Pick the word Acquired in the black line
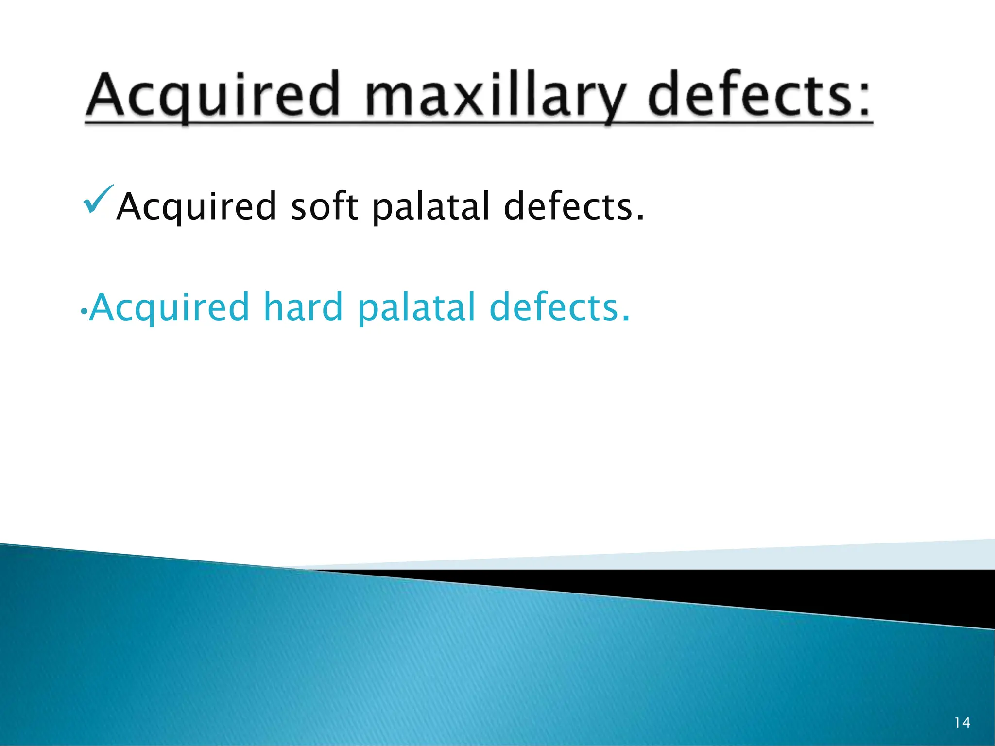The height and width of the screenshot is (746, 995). [x=197, y=206]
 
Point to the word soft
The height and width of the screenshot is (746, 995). [x=324, y=206]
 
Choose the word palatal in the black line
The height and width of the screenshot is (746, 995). [x=430, y=206]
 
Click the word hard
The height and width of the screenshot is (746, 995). [x=303, y=307]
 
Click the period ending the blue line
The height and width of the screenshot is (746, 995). [x=626, y=319]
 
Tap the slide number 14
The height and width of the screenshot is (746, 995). [x=962, y=723]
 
